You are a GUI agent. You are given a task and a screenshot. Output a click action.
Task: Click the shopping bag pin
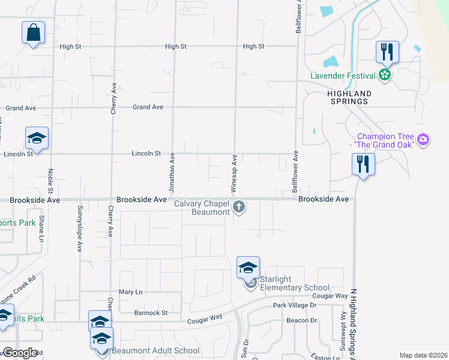coord(34,32)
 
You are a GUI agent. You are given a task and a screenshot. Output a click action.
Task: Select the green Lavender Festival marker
coord(385,75)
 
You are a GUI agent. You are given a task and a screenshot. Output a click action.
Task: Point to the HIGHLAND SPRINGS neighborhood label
coord(349,98)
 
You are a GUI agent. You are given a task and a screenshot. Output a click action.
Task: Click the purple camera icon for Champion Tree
coord(424,140)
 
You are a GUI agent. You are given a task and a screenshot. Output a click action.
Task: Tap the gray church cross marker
coord(239,208)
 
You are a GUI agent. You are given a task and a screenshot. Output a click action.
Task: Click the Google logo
coord(20,353)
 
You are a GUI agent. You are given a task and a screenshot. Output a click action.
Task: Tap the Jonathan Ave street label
coord(172,172)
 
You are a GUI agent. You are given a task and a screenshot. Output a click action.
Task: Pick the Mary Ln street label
coord(130,292)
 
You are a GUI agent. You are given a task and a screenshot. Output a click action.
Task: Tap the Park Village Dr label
coord(294,305)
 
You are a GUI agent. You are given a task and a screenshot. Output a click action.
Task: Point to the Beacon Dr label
coord(301,320)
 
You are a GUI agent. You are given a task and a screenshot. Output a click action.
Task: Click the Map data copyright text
coord(423,355)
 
